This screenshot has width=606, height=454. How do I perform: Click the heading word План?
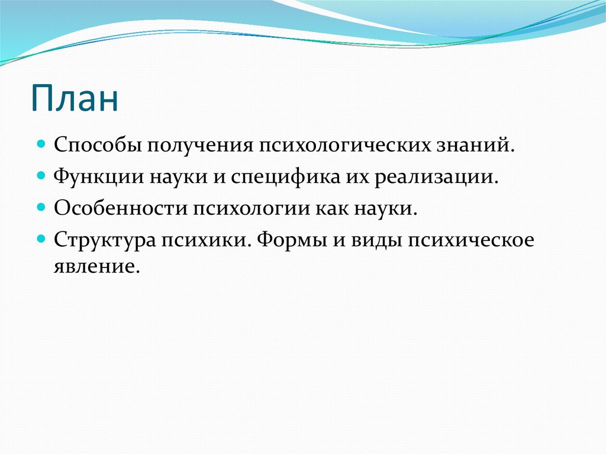pyautogui.click(x=75, y=98)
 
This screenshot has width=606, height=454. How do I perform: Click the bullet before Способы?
pyautogui.click(x=42, y=144)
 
